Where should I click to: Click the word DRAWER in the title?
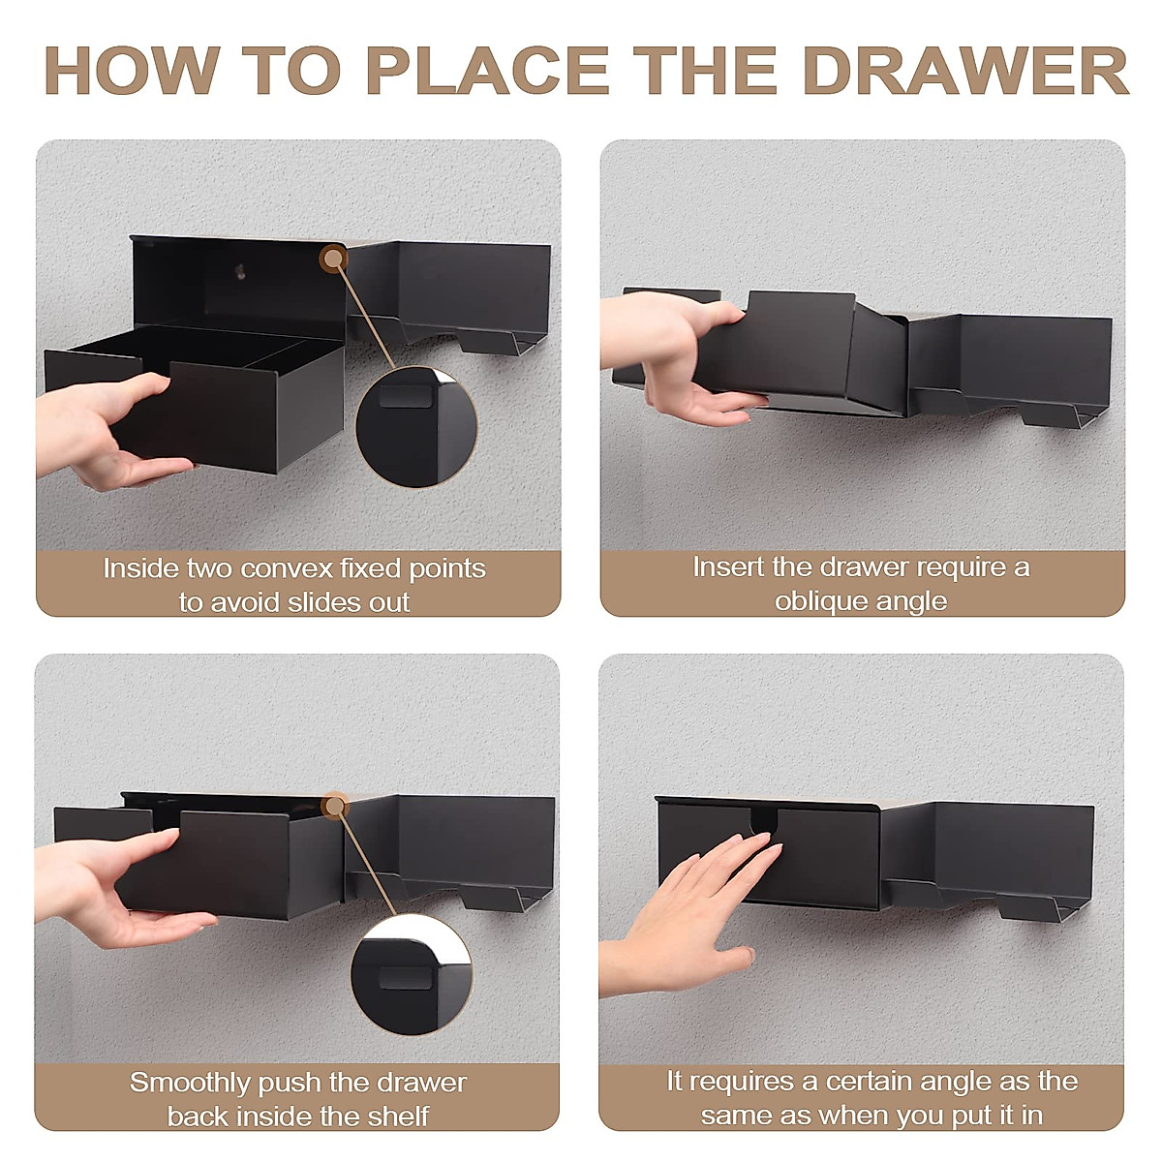966,71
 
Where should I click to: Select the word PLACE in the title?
488,71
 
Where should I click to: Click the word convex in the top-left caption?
287,568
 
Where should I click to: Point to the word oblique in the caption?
817,601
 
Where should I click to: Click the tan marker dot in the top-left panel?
333,259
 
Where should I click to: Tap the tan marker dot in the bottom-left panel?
334,806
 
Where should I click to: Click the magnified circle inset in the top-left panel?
416,426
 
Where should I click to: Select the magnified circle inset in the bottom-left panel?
412,974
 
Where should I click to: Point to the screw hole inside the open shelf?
240,272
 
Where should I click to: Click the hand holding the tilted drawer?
675,355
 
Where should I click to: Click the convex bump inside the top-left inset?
407,396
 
